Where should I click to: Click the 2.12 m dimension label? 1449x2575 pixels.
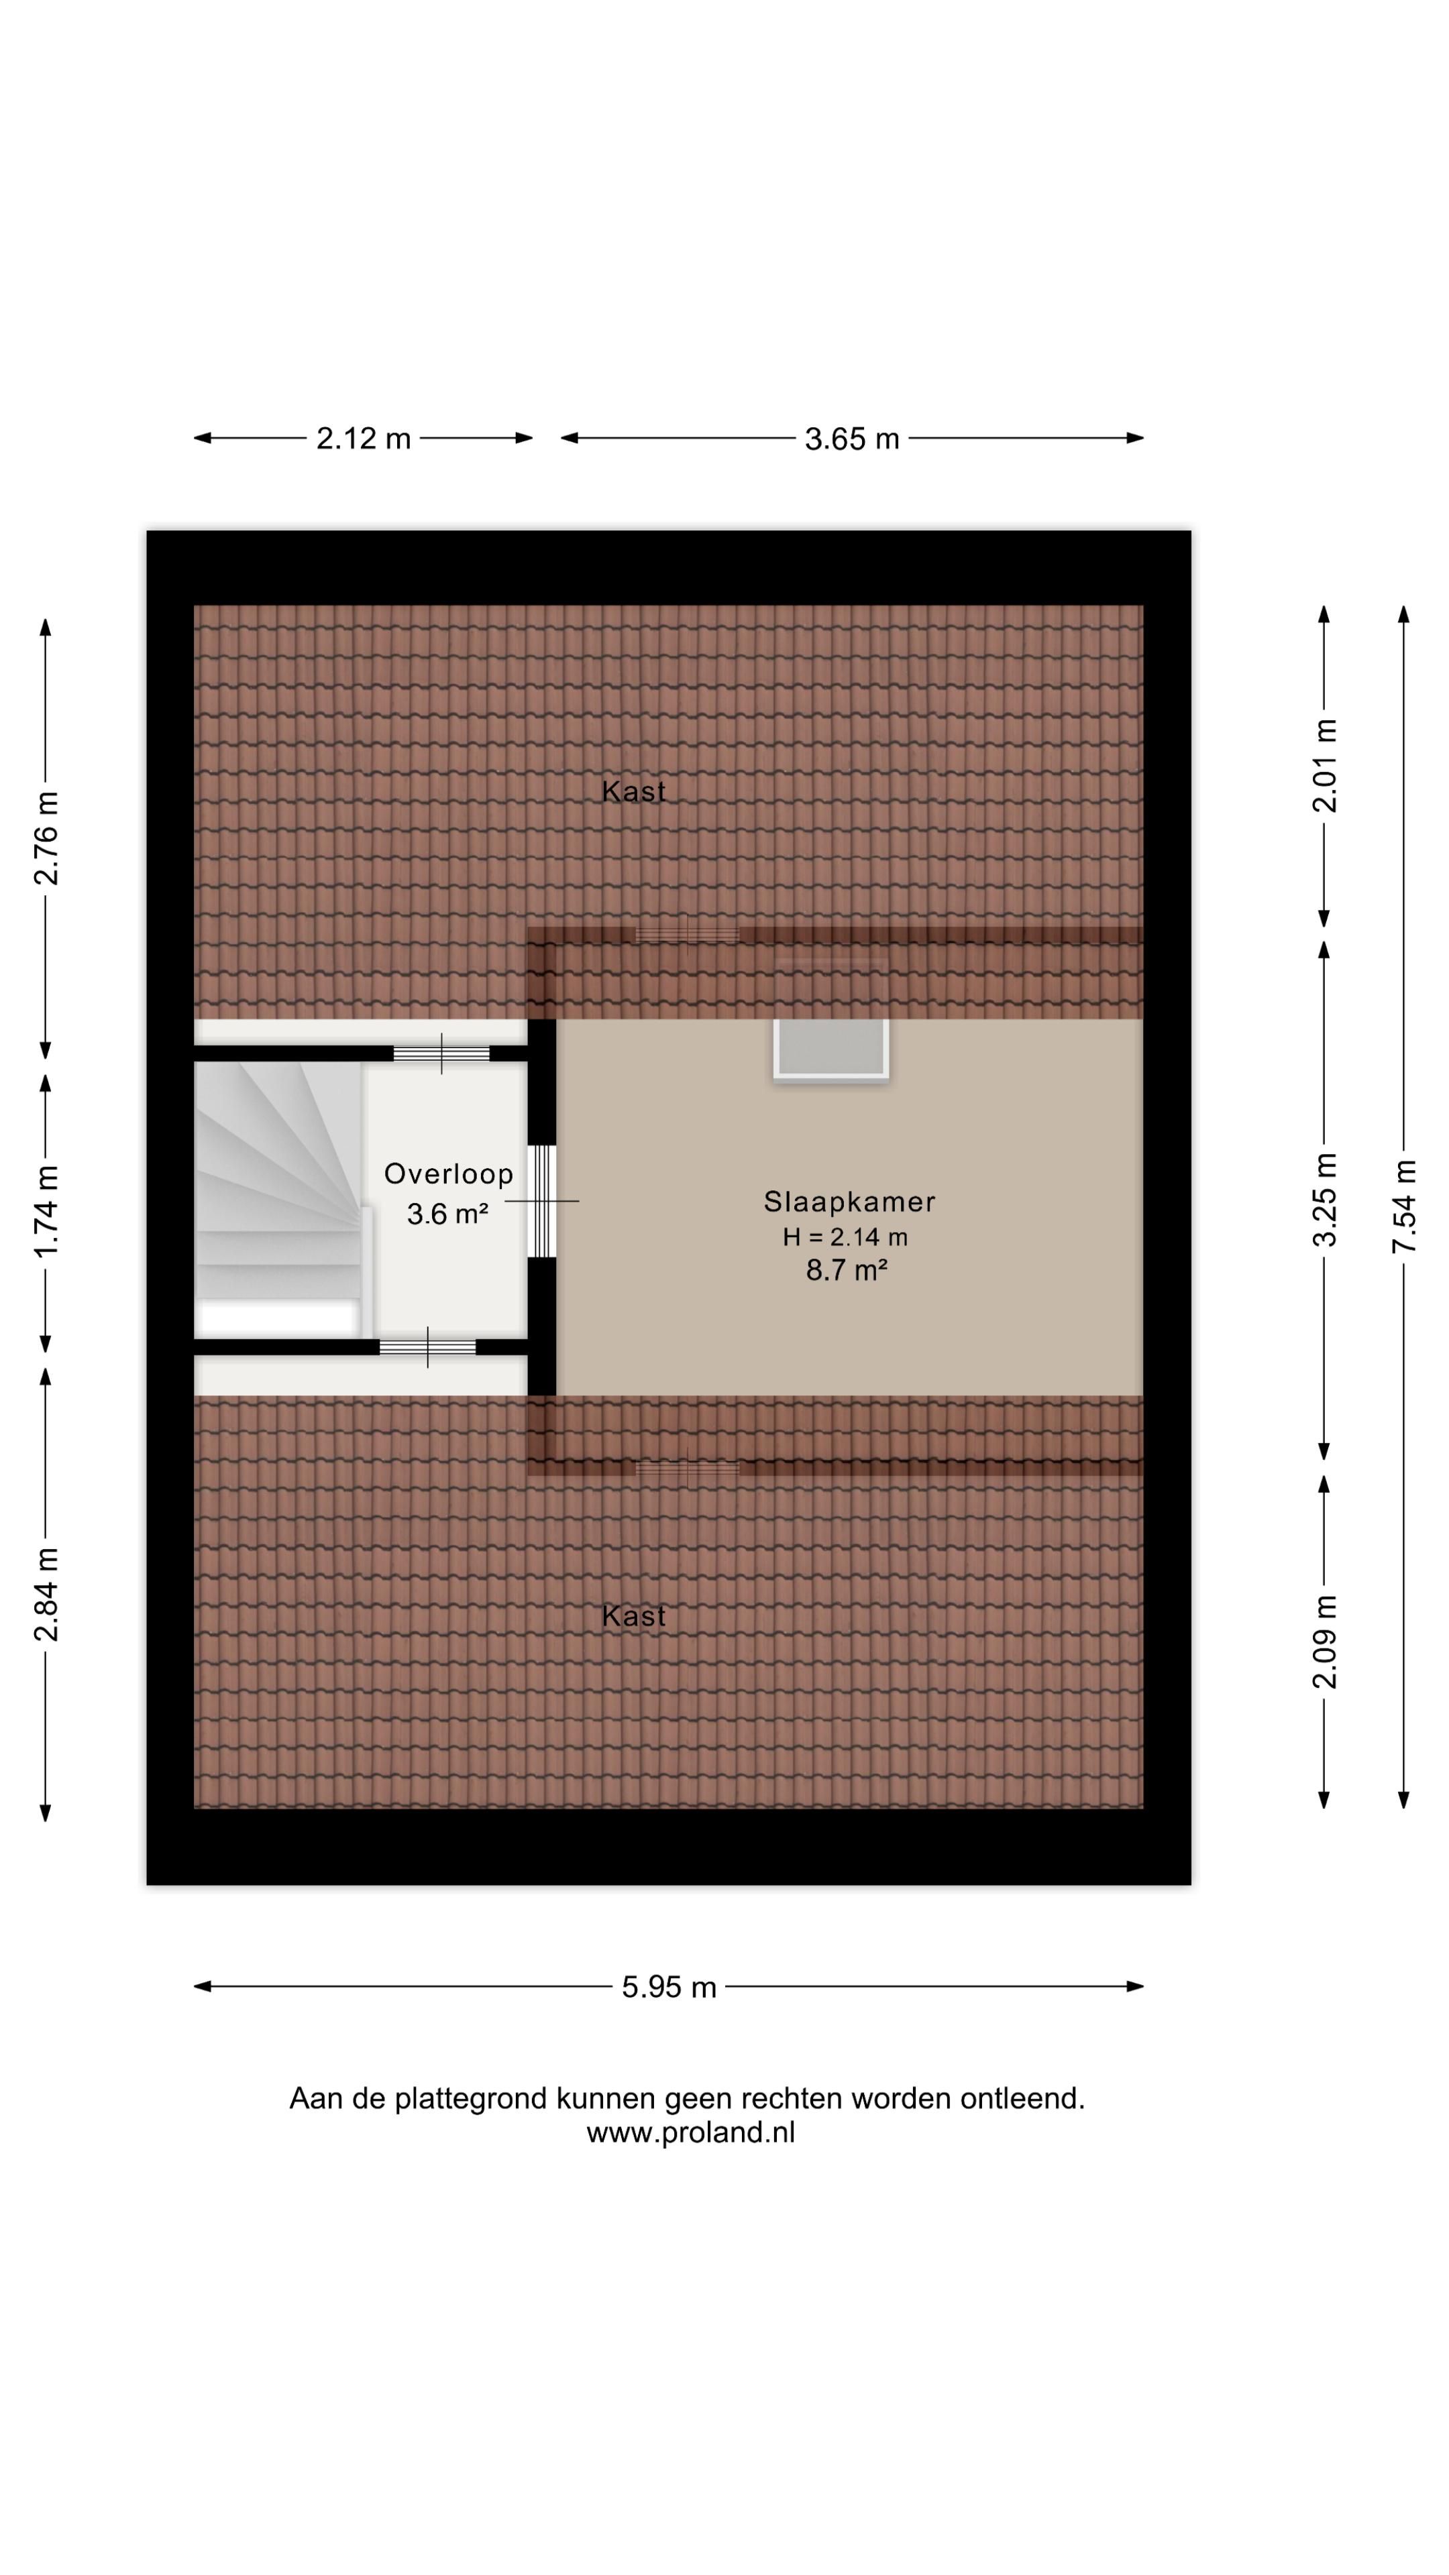(x=363, y=438)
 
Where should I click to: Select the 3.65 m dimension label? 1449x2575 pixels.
(x=852, y=438)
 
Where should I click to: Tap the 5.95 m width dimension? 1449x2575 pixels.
(x=669, y=1986)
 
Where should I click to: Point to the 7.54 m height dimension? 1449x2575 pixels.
(x=1404, y=1206)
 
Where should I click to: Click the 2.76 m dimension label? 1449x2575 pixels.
(x=46, y=838)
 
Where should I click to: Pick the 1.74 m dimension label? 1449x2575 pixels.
(x=46, y=1210)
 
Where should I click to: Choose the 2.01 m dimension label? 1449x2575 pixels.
(x=1324, y=766)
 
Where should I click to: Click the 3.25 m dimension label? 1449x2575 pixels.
(x=1324, y=1200)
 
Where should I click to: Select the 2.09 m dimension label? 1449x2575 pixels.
(x=1324, y=1642)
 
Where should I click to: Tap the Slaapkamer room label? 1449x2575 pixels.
(x=849, y=1202)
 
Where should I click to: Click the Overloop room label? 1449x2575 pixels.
(x=448, y=1174)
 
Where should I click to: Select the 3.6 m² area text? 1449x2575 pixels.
(x=447, y=1214)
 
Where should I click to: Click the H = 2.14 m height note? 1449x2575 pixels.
(x=845, y=1237)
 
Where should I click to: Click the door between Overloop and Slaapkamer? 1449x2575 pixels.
(x=541, y=1200)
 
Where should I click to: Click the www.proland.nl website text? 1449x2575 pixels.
(x=690, y=2132)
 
